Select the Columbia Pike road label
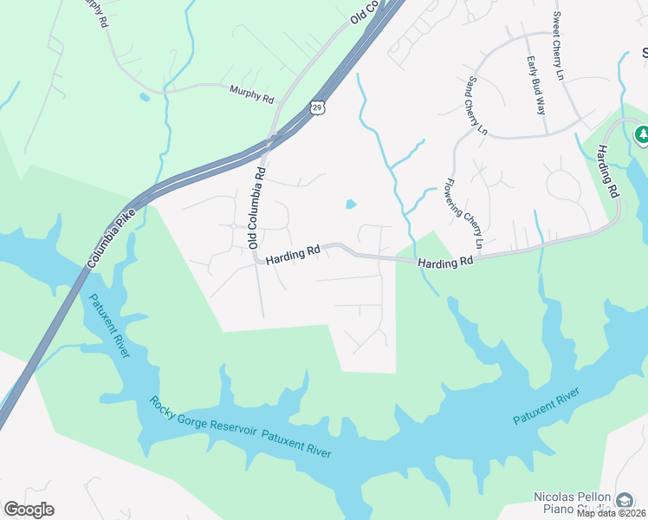coord(113,235)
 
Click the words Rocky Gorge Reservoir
coord(203,418)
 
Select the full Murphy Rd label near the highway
coord(251,93)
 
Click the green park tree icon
coord(642,134)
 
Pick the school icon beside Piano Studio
coord(624,500)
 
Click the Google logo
coord(29,510)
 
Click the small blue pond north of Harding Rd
coord(351,205)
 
